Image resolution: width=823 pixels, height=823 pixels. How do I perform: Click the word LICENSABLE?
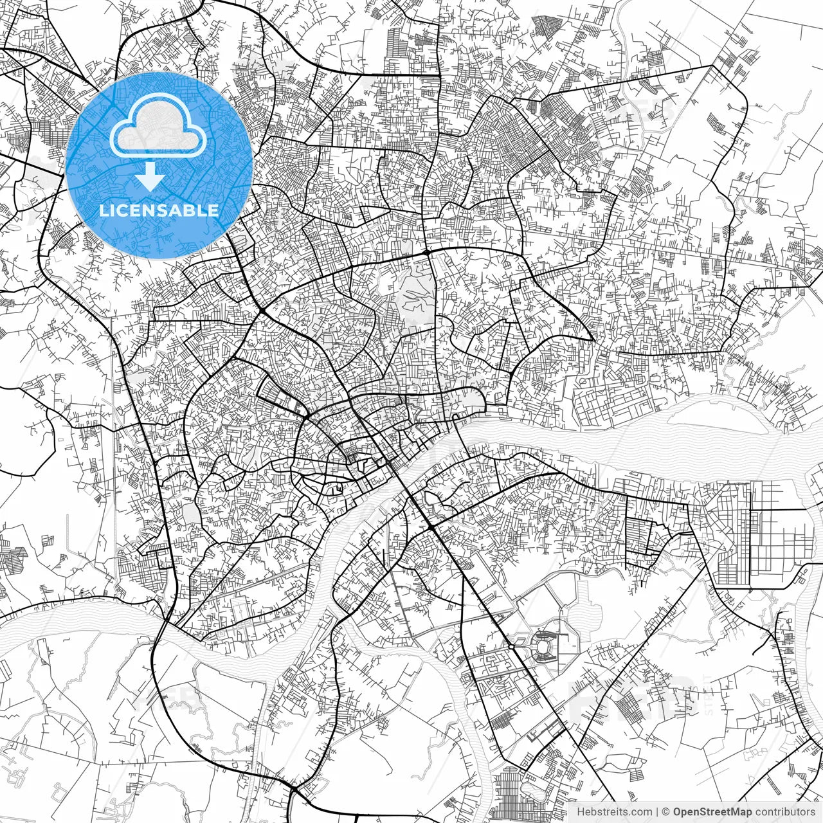[159, 210]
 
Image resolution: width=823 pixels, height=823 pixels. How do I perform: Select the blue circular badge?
[159, 165]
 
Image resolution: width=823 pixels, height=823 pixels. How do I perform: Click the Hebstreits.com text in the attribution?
[614, 812]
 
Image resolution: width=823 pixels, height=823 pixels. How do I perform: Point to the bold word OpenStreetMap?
[712, 812]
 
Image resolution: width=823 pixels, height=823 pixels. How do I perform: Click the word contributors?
[784, 812]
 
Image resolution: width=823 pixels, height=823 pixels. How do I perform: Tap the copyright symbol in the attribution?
[666, 812]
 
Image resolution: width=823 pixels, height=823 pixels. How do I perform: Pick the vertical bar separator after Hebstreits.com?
[657, 812]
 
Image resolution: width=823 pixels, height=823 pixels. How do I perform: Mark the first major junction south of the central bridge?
[430, 527]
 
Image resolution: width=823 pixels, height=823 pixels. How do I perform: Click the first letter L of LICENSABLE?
[103, 210]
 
